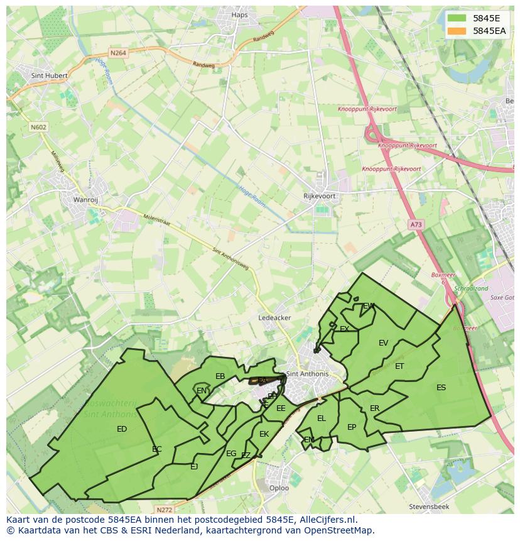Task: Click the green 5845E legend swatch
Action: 458,18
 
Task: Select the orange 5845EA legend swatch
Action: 458,31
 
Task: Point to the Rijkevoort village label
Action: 319,196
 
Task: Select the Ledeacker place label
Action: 274,318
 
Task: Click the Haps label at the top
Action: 240,15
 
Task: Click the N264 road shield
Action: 117,53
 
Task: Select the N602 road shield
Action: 38,127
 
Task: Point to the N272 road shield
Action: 164,510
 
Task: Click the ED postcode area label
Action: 122,429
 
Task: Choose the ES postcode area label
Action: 441,388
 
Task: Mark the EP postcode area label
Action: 352,427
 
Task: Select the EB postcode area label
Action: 220,376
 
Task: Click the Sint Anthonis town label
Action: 307,374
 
